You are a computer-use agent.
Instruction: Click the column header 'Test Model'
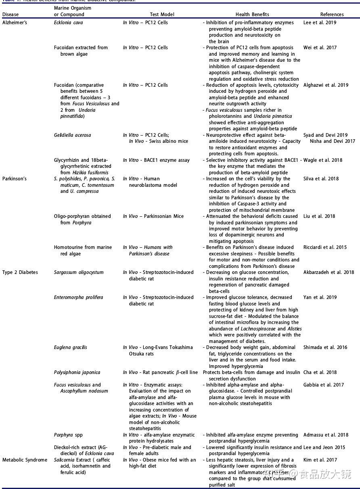pos(162,15)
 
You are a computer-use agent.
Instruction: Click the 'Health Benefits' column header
pos(252,15)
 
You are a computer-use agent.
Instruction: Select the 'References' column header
pos(332,15)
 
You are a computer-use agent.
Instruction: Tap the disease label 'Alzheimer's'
pos(15,23)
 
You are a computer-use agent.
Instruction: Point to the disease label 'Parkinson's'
pos(14,179)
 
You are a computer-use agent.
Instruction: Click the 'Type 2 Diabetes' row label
pos(20,272)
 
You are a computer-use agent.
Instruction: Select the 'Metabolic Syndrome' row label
pos(25,460)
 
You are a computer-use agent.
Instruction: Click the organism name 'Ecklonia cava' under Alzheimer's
pos(68,23)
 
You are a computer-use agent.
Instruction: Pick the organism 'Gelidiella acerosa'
pos(72,135)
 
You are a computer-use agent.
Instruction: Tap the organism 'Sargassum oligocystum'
pos(79,272)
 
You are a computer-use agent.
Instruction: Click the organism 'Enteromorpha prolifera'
pos(78,297)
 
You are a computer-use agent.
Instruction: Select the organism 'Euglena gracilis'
pos(70,347)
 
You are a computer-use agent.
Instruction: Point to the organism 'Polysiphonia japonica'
pos(77,372)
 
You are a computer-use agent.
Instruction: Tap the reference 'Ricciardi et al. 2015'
pos(325,247)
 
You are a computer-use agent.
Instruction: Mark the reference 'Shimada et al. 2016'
pos(325,347)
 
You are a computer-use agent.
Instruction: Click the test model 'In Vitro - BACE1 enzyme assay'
pos(156,160)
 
